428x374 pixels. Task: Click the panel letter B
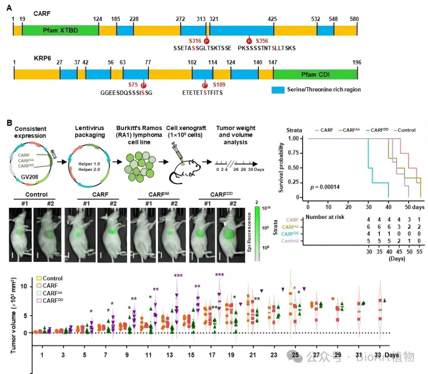(x=9, y=123)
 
